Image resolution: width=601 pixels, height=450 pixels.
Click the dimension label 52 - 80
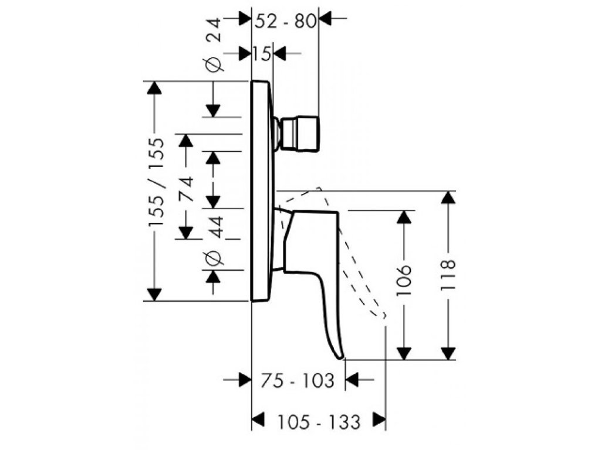pos(286,22)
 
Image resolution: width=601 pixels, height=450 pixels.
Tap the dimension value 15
pos(262,54)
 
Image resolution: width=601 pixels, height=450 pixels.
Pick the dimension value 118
pos(448,275)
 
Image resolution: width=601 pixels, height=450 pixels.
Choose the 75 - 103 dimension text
pos(298,381)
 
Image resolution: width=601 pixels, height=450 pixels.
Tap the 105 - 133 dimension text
pos(319,422)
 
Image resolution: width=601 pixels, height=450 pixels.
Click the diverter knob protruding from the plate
pos(298,134)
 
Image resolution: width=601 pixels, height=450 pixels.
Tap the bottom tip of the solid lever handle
pos(340,359)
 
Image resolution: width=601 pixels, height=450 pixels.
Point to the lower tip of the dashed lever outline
pos(384,317)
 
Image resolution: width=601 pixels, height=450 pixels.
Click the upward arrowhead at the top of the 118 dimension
pos(448,197)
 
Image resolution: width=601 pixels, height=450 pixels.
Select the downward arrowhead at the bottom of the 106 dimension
pos(404,353)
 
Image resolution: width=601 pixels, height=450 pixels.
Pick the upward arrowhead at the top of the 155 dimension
pos(154,87)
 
